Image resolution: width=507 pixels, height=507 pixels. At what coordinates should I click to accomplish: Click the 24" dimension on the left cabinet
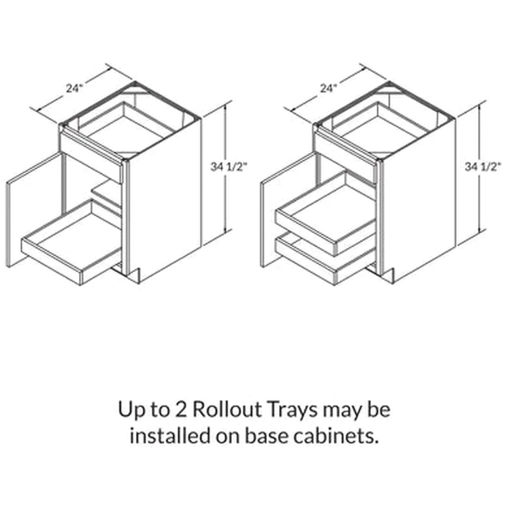click(x=74, y=87)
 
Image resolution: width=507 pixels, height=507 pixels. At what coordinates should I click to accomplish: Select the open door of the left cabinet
click(x=35, y=207)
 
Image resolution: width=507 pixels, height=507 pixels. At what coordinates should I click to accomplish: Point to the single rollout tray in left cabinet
click(x=70, y=246)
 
